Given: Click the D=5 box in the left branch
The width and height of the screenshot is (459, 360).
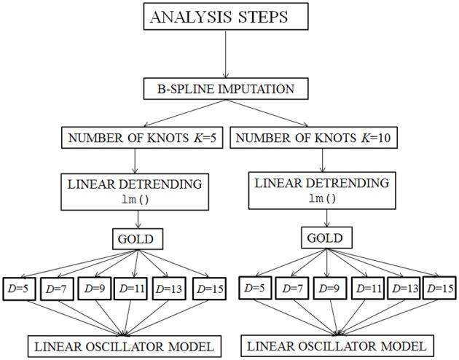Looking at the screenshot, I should [x=17, y=287].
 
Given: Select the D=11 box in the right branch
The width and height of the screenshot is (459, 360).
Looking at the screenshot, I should [x=369, y=287].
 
